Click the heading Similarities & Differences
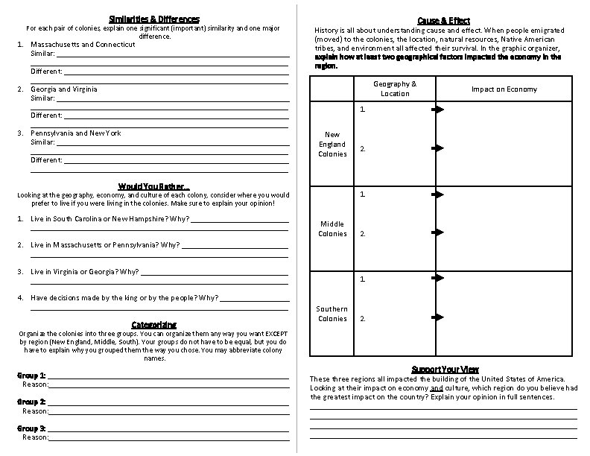[153, 18]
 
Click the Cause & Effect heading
[443, 20]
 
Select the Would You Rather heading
[153, 186]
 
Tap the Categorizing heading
[153, 324]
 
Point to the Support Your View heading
[445, 370]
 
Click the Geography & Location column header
[395, 89]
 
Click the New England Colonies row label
[332, 144]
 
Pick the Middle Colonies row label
[332, 229]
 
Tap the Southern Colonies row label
[332, 314]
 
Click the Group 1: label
[32, 375]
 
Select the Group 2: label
[32, 402]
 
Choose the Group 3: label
[32, 428]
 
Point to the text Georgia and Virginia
[63, 89]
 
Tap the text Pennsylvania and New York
[75, 133]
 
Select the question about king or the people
[124, 297]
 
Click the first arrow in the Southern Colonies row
[438, 279]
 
